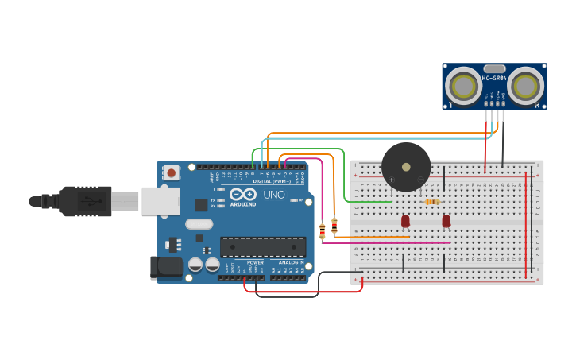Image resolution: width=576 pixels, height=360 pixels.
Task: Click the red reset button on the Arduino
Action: pyautogui.click(x=172, y=172)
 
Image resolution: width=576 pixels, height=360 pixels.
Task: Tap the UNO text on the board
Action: pyautogui.click(x=273, y=195)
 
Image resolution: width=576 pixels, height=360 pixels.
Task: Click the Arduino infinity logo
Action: pyautogui.click(x=242, y=194)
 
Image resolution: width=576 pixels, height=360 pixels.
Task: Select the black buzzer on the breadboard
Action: pyautogui.click(x=406, y=167)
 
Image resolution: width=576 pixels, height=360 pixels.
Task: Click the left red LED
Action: pyautogui.click(x=405, y=220)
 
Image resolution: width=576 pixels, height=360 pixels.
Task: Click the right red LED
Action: pyautogui.click(x=446, y=220)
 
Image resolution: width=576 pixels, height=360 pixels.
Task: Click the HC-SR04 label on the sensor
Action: pyautogui.click(x=494, y=78)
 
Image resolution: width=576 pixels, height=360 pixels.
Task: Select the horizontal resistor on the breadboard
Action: pyautogui.click(x=432, y=202)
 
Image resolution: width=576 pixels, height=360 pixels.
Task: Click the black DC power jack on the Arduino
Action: pyautogui.click(x=166, y=267)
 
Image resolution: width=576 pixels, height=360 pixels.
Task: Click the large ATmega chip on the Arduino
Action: pyautogui.click(x=263, y=246)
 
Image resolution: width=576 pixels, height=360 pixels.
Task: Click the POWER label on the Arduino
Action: pyautogui.click(x=255, y=262)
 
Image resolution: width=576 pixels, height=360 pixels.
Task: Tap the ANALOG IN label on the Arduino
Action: pyautogui.click(x=291, y=262)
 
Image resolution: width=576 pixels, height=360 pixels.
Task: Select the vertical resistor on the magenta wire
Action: pyautogui.click(x=322, y=231)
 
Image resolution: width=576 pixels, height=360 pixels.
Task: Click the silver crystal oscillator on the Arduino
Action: pyautogui.click(x=199, y=224)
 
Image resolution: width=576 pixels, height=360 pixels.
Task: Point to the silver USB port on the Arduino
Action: pyautogui.click(x=160, y=201)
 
